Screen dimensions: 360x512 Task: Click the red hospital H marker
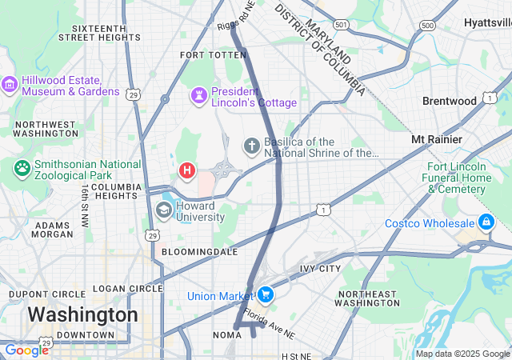tap(187, 170)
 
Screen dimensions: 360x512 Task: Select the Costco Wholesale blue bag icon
tap(486, 222)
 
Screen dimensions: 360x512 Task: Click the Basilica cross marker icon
tap(251, 146)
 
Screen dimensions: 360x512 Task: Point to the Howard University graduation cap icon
tap(164, 210)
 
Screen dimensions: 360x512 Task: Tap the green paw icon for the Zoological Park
tap(22, 169)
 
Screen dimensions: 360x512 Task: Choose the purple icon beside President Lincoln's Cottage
tap(198, 96)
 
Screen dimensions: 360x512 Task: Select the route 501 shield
tap(342, 26)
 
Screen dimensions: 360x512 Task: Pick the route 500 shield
tap(428, 26)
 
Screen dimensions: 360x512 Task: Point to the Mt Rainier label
tap(436, 139)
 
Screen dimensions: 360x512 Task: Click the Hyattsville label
tap(487, 23)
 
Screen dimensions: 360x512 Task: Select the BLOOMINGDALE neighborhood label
tap(200, 251)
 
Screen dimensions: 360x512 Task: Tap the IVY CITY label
tap(320, 268)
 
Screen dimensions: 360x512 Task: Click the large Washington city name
tap(82, 314)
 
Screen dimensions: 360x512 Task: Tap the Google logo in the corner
tap(26, 350)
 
